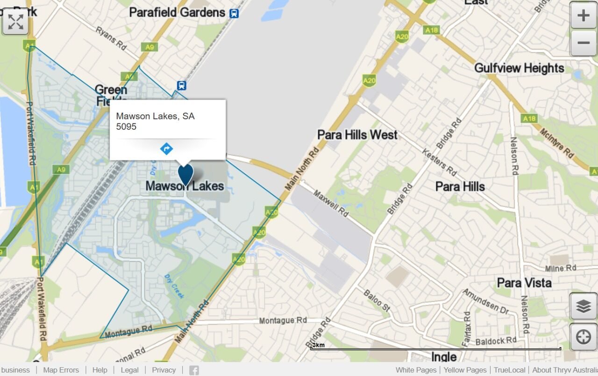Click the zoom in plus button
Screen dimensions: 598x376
pyautogui.click(x=583, y=15)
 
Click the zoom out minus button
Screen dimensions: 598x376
pyautogui.click(x=583, y=43)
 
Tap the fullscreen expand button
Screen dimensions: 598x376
pyautogui.click(x=15, y=21)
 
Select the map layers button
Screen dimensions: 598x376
pyautogui.click(x=583, y=306)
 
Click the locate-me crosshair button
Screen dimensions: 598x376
pyautogui.click(x=583, y=337)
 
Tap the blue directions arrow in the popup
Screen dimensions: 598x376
pyautogui.click(x=166, y=149)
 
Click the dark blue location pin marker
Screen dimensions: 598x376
pyautogui.click(x=185, y=174)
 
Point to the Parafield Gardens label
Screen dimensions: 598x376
pyautogui.click(x=177, y=12)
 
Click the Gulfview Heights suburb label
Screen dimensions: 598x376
pyautogui.click(x=519, y=68)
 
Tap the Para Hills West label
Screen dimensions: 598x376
pyautogui.click(x=357, y=135)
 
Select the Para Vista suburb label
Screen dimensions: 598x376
pyautogui.click(x=524, y=283)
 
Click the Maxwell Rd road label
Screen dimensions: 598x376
pyautogui.click(x=331, y=203)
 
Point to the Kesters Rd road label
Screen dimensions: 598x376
pyautogui.click(x=439, y=162)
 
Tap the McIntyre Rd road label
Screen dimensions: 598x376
pyautogui.click(x=556, y=143)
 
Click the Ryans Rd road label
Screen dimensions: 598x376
pyautogui.click(x=111, y=38)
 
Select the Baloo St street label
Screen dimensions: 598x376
pyautogui.click(x=377, y=300)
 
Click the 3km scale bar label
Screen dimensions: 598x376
pyautogui.click(x=318, y=345)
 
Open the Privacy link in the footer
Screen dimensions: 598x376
pyautogui.click(x=164, y=370)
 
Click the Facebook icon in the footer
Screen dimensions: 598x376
pyautogui.click(x=194, y=370)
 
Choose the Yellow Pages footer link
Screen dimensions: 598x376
pyautogui.click(x=465, y=370)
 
